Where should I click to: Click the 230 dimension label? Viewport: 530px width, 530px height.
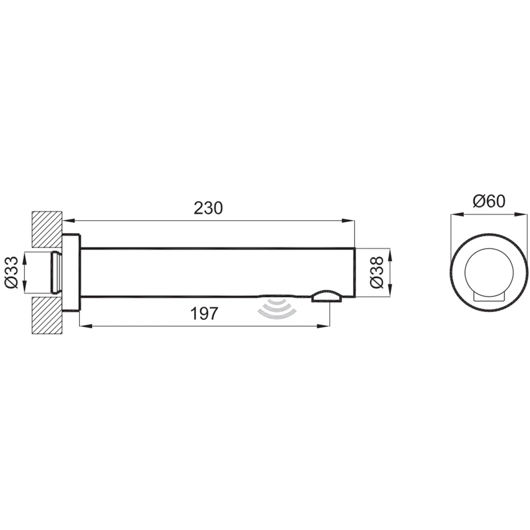pos(208,208)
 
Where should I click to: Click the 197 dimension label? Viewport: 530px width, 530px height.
pos(205,313)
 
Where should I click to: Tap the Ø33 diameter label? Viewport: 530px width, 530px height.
pos(12,272)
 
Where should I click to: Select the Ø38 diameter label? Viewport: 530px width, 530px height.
pos(377,272)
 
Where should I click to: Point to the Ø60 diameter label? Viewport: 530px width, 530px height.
pos(489,201)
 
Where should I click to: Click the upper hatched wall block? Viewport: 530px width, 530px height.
pos(47,229)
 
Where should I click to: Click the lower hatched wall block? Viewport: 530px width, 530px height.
pos(47,316)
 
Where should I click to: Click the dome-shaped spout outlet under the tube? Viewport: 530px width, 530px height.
pos(326,296)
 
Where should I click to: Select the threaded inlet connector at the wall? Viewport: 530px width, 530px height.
pos(56,272)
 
